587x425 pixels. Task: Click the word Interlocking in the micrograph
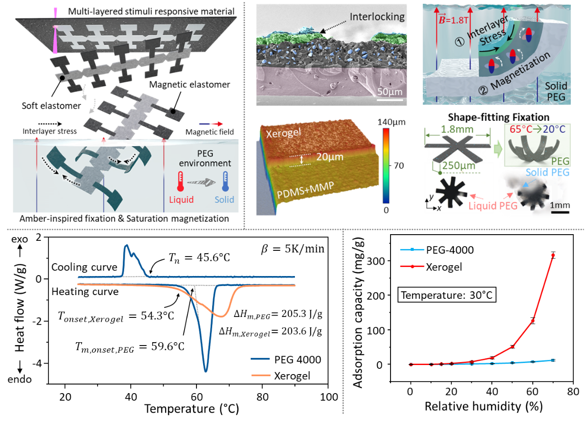click(377, 17)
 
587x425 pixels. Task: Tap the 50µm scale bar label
click(390, 92)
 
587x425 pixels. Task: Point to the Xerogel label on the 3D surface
click(284, 133)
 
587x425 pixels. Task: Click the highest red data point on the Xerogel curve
click(553, 256)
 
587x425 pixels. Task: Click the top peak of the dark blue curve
click(127, 246)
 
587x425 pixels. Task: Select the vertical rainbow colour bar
click(385, 165)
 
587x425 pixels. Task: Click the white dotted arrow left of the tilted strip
click(50, 124)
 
